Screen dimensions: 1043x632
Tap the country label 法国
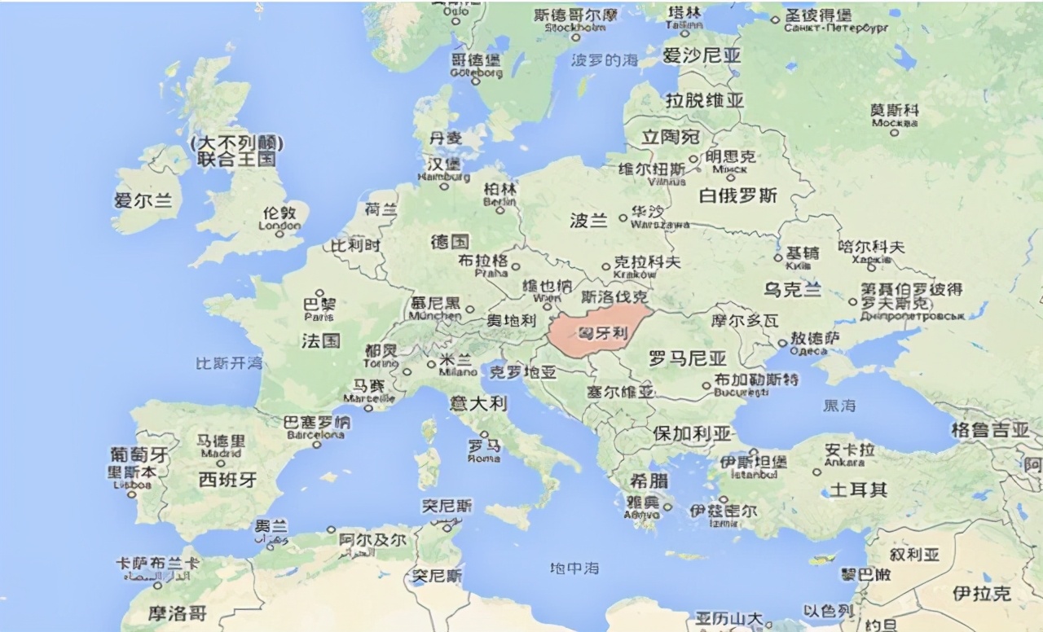320,340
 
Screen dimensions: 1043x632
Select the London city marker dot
279,234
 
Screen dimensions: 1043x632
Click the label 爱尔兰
143,200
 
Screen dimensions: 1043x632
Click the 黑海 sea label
839,405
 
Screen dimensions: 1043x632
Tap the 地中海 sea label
574,568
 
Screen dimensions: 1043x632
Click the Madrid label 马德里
221,441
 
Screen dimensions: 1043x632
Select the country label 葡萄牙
139,454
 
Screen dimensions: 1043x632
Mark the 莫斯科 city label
894,110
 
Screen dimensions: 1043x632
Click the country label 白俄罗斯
738,195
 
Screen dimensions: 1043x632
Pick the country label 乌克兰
792,289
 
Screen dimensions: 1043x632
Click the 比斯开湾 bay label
229,362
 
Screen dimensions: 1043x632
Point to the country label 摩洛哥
177,612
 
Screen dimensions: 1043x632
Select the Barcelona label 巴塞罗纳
316,422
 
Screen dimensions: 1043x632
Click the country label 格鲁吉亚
990,430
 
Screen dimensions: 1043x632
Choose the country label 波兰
588,220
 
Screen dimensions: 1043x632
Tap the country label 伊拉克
981,593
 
